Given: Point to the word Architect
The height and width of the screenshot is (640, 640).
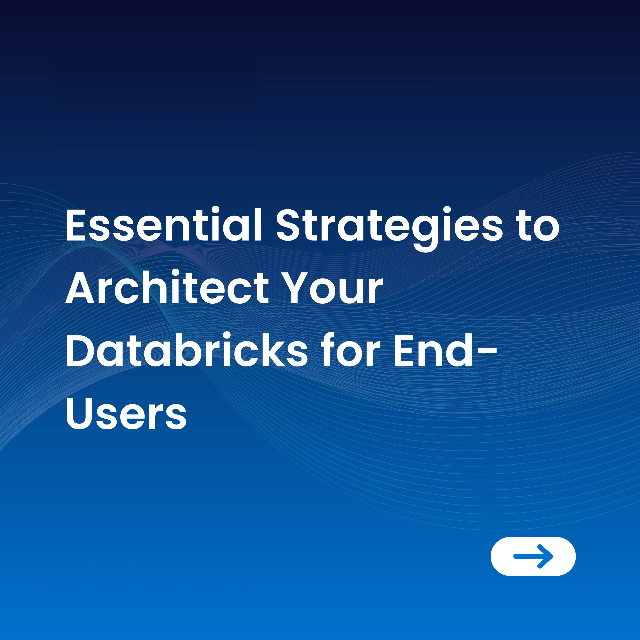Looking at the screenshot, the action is tap(167, 287).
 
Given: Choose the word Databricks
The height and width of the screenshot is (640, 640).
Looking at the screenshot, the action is tap(187, 350).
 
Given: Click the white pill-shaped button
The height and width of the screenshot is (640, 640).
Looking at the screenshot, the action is tap(533, 556).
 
